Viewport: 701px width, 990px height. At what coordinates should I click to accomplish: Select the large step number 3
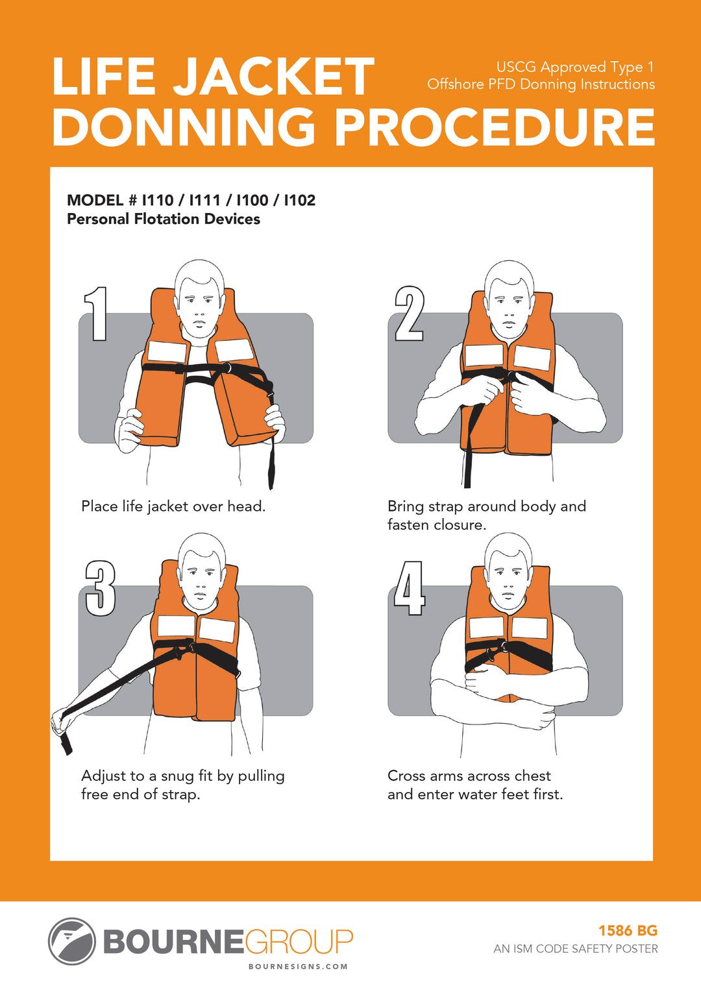[x=101, y=588]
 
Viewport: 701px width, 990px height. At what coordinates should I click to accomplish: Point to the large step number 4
[x=410, y=588]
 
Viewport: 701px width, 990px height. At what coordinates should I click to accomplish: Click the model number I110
[x=158, y=200]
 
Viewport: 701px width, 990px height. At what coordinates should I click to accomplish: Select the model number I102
[x=300, y=200]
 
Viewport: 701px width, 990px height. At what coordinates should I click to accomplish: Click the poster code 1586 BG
[x=628, y=930]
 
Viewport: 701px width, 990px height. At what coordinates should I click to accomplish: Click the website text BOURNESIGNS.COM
[x=299, y=966]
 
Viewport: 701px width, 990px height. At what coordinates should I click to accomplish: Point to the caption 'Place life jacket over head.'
[x=173, y=506]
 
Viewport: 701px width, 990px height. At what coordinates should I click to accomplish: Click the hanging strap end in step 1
[x=271, y=464]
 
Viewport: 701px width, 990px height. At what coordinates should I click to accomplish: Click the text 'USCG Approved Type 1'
[x=574, y=67]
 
